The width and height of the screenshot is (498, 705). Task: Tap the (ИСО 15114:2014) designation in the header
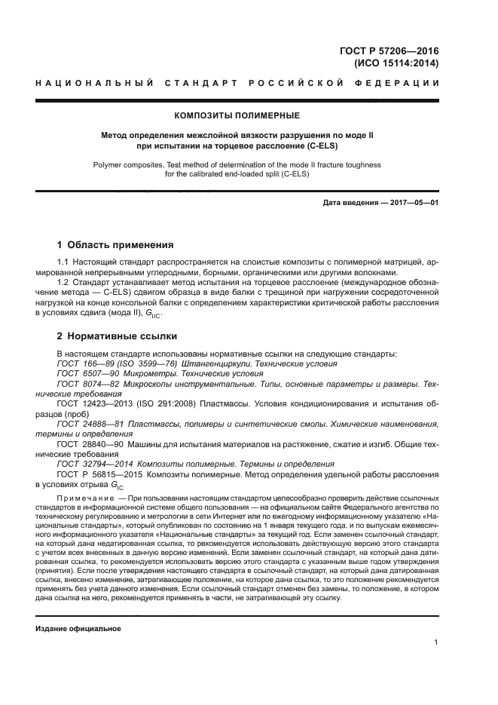click(396, 63)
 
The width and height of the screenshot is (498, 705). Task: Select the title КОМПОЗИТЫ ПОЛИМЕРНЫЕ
click(237, 115)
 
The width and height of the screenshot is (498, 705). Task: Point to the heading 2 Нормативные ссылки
click(117, 336)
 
